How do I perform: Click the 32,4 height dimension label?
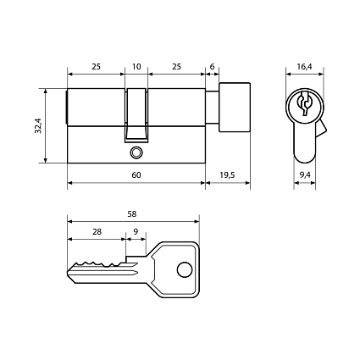click(38, 125)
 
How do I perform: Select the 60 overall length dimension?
click(136, 175)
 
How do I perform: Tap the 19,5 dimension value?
click(227, 175)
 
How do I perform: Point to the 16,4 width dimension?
click(304, 67)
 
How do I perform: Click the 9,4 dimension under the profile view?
click(305, 175)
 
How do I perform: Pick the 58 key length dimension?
click(132, 214)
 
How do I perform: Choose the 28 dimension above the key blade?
click(97, 232)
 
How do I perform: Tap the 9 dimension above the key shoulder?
click(136, 232)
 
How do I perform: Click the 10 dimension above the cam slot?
click(136, 67)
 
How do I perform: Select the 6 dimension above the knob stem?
click(212, 67)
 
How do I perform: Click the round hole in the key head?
click(185, 269)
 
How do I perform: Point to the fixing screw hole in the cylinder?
click(136, 152)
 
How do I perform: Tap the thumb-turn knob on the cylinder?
click(235, 108)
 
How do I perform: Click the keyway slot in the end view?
click(304, 103)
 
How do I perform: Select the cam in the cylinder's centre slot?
click(136, 115)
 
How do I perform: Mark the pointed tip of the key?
click(68, 273)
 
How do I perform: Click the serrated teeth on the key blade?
click(100, 264)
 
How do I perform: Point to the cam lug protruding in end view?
click(321, 129)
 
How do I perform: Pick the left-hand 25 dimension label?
click(96, 67)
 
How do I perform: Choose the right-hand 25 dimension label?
click(176, 67)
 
